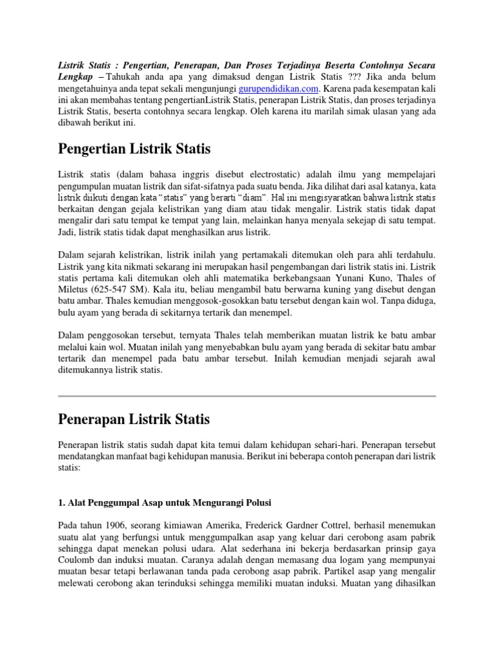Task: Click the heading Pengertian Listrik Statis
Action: pyautogui.click(x=134, y=149)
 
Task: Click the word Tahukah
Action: pyautogui.click(x=131, y=78)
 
